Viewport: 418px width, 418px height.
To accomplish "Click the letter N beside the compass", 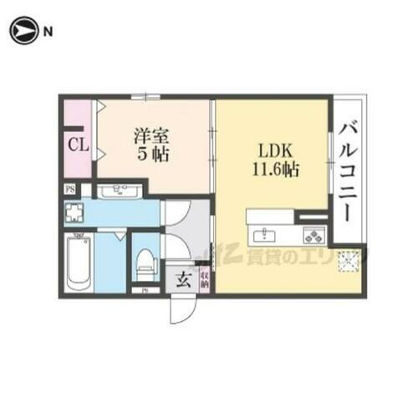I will point(48,33).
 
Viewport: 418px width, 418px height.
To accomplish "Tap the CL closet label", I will point(78,145).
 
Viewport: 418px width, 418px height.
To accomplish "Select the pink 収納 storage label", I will point(205,279).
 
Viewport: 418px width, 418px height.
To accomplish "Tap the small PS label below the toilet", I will point(145,290).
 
